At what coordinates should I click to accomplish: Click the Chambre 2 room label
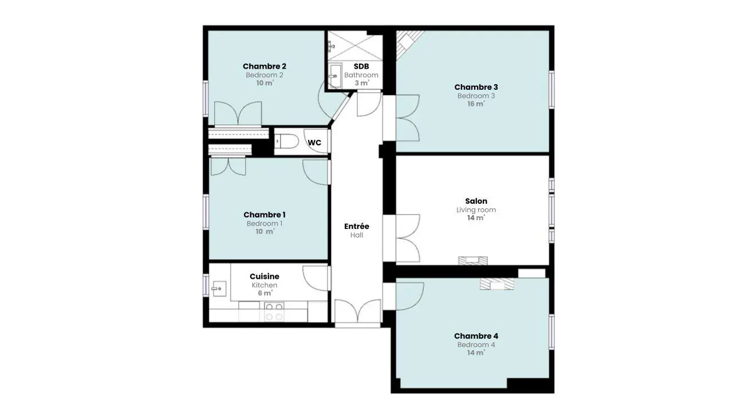[x=265, y=66]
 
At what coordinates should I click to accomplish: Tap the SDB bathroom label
[x=361, y=66]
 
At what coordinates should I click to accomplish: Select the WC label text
[x=314, y=142]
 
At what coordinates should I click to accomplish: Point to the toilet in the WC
[x=287, y=141]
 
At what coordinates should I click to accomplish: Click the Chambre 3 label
[x=476, y=88]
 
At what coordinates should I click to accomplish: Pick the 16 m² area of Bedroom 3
[x=476, y=104]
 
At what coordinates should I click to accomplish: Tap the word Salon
[x=476, y=201]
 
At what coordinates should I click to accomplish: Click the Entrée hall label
[x=357, y=226]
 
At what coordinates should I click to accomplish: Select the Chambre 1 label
[x=265, y=215]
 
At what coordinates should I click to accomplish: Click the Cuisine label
[x=265, y=276]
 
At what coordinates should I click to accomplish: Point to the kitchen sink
[x=219, y=288]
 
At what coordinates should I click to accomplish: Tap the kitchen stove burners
[x=274, y=312]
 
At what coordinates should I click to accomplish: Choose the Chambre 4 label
[x=476, y=336]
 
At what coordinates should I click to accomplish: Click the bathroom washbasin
[x=335, y=76]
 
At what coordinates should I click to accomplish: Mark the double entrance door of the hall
[x=358, y=312]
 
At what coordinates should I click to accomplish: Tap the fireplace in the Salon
[x=473, y=260]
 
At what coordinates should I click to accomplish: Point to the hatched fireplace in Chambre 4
[x=496, y=284]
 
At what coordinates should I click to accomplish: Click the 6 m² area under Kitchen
[x=265, y=293]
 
